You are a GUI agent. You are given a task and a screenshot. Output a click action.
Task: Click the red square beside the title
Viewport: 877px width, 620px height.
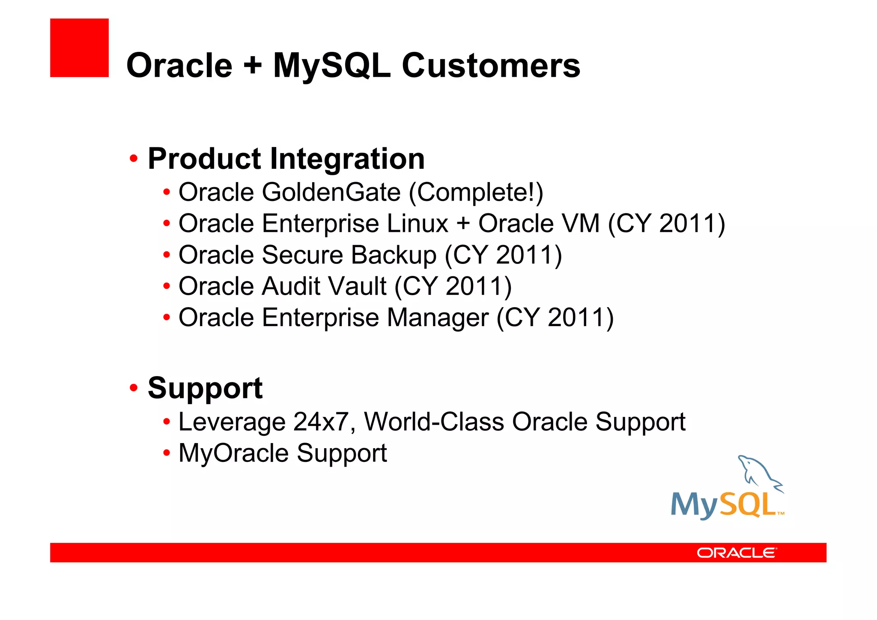(x=79, y=48)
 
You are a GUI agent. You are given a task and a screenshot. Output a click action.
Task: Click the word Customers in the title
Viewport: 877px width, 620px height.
(x=491, y=66)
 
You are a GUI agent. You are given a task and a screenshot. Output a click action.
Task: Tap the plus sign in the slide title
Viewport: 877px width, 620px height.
(x=253, y=66)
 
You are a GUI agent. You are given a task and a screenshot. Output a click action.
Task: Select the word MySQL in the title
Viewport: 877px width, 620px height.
(x=332, y=66)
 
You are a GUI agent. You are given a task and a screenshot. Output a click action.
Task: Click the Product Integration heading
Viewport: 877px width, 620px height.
(x=286, y=159)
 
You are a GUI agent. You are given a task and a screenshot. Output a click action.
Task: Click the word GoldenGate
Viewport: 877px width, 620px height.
(x=331, y=192)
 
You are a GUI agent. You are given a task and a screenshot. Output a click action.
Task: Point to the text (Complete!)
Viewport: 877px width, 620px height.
(x=476, y=192)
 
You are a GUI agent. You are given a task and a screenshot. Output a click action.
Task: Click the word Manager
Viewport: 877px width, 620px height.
(x=438, y=318)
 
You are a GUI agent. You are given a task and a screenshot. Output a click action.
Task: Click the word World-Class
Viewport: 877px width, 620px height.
(x=434, y=422)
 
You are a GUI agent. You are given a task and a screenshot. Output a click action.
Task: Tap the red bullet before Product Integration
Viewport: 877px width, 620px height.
(x=134, y=159)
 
